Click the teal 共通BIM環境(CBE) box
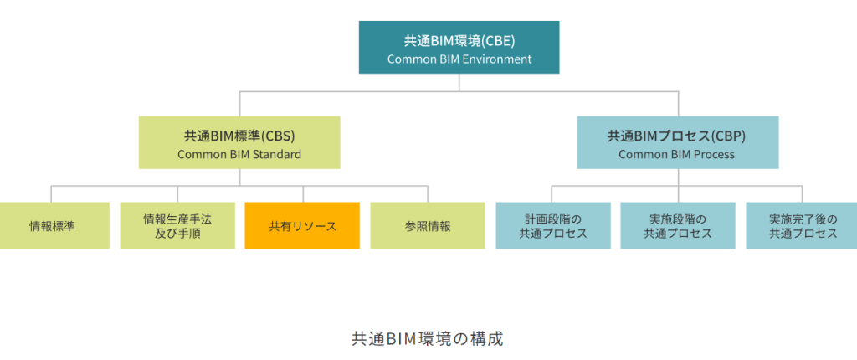459,47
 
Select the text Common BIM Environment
459,59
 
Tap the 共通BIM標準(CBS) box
239,142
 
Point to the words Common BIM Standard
239,154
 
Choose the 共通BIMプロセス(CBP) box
678,142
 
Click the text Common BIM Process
676,154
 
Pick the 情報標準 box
53,225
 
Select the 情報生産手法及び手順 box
177,225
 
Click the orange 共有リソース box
302,225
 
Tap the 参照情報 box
428,225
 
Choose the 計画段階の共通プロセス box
553,225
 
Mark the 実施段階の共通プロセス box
678,225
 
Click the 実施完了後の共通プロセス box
801,225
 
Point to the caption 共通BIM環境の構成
427,339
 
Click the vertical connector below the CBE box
459,83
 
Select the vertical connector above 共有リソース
303,194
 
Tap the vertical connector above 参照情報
428,194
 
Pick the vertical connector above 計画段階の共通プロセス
552,194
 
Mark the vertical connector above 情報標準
51,194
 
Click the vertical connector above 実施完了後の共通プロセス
803,194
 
